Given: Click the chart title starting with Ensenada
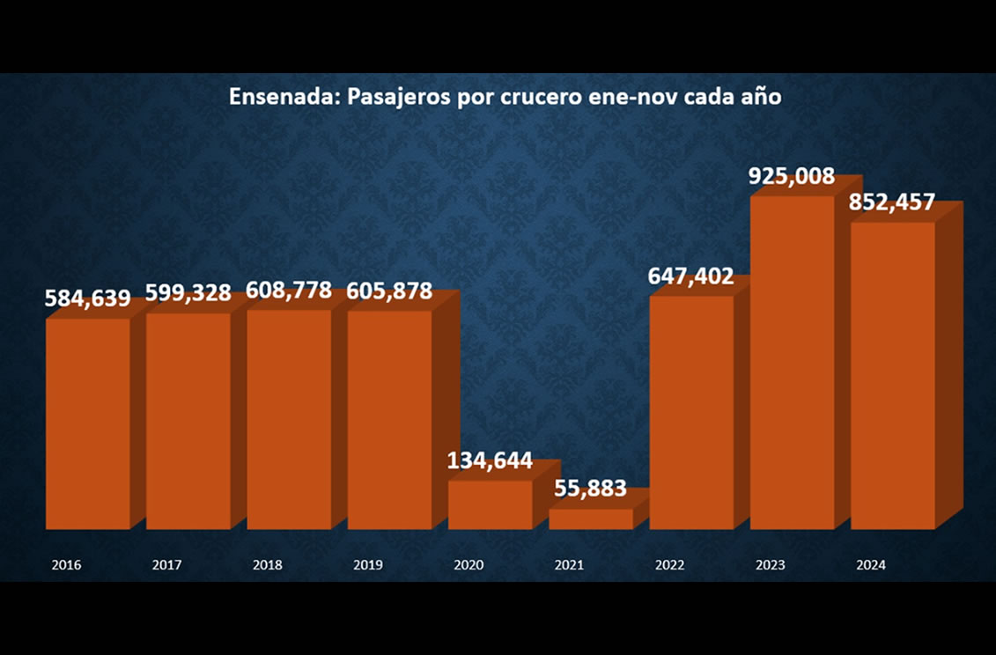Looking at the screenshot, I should pyautogui.click(x=505, y=97).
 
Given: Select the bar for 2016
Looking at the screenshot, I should pyautogui.click(x=87, y=423).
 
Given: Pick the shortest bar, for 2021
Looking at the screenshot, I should pyautogui.click(x=590, y=519).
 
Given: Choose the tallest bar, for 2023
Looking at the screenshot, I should pyautogui.click(x=792, y=361).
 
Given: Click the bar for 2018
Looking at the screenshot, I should pyautogui.click(x=289, y=418).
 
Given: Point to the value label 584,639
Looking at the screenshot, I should pyautogui.click(x=88, y=298).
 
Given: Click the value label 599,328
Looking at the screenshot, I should pyautogui.click(x=188, y=293).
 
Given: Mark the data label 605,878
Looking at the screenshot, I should pyautogui.click(x=390, y=291).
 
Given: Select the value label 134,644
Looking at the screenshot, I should pyautogui.click(x=490, y=460).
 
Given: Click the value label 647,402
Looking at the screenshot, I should pyautogui.click(x=691, y=276).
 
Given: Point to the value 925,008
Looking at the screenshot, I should pyautogui.click(x=792, y=176).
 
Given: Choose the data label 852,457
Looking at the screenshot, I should pyautogui.click(x=892, y=202).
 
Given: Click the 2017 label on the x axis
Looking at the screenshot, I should pyautogui.click(x=166, y=565).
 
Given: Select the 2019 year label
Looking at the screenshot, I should pyautogui.click(x=368, y=565).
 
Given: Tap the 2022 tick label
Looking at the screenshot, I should pyautogui.click(x=670, y=565).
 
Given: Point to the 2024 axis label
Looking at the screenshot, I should pyautogui.click(x=871, y=565).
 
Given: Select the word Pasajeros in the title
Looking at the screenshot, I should pyautogui.click(x=401, y=98).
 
